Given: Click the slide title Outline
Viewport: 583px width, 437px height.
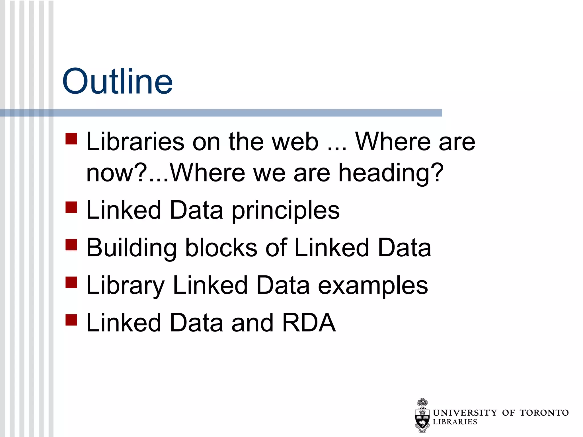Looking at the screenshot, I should (117, 81).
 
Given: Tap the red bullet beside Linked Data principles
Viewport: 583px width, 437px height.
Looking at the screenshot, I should (71, 207).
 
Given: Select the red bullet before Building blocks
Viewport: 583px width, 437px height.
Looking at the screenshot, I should (71, 245).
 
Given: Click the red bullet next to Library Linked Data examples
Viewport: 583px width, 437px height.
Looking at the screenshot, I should (71, 283).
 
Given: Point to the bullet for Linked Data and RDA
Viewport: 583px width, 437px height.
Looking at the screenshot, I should (71, 320).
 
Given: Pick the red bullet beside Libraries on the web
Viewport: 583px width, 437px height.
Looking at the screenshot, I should (71, 139).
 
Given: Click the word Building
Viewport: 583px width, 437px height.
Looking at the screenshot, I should (131, 248).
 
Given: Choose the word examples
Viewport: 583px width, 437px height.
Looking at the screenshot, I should (373, 286).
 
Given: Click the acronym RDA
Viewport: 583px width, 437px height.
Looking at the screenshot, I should (309, 323).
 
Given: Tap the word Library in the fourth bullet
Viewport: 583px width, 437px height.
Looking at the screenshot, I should (125, 286).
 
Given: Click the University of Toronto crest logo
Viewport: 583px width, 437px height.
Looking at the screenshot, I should (422, 415).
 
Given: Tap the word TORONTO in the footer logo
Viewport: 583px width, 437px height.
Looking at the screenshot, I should (544, 413).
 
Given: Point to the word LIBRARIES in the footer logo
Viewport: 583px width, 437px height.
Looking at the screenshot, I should (455, 422).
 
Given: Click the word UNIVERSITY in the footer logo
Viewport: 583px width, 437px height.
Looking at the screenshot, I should (465, 413).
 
